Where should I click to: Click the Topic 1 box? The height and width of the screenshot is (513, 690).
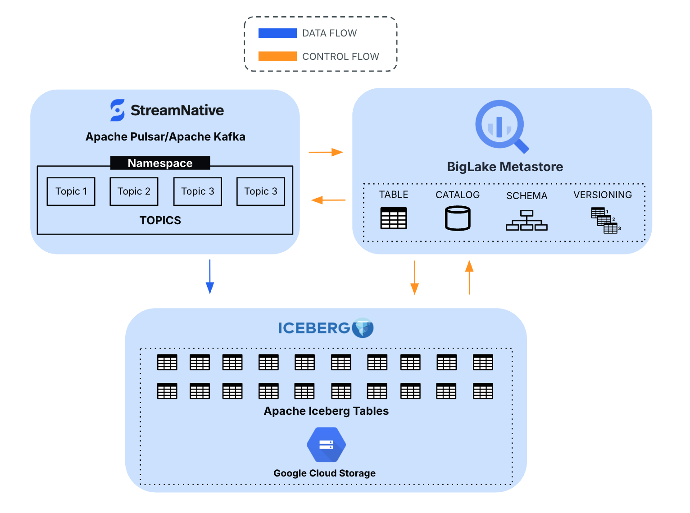point(71,191)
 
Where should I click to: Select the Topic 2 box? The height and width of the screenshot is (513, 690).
point(134,191)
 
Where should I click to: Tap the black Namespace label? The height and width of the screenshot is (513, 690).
point(160,163)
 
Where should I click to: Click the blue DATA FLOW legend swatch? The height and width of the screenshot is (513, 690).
point(277,33)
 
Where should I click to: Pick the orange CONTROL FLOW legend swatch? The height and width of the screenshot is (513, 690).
point(277,56)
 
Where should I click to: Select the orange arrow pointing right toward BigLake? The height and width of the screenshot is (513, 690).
point(326,152)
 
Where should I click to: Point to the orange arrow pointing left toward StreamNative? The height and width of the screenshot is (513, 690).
point(328,200)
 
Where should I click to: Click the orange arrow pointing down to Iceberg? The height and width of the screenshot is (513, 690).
point(414,277)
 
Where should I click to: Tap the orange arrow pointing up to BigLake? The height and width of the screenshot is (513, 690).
point(469,277)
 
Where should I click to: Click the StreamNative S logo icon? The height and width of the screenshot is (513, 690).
point(118,110)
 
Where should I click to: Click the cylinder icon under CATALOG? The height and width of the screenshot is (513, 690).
point(458,218)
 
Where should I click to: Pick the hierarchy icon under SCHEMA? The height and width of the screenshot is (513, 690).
point(527,220)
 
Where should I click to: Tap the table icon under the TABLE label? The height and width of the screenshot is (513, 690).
point(394,218)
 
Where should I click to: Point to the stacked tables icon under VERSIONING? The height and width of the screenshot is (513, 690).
point(605,220)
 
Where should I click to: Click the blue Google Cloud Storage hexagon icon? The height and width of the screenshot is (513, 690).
point(326,445)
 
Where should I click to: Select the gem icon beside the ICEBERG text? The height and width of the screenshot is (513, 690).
point(363,327)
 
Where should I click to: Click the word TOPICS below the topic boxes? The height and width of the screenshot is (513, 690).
point(160,220)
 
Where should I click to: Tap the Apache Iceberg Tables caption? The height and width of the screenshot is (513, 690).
point(326,411)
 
